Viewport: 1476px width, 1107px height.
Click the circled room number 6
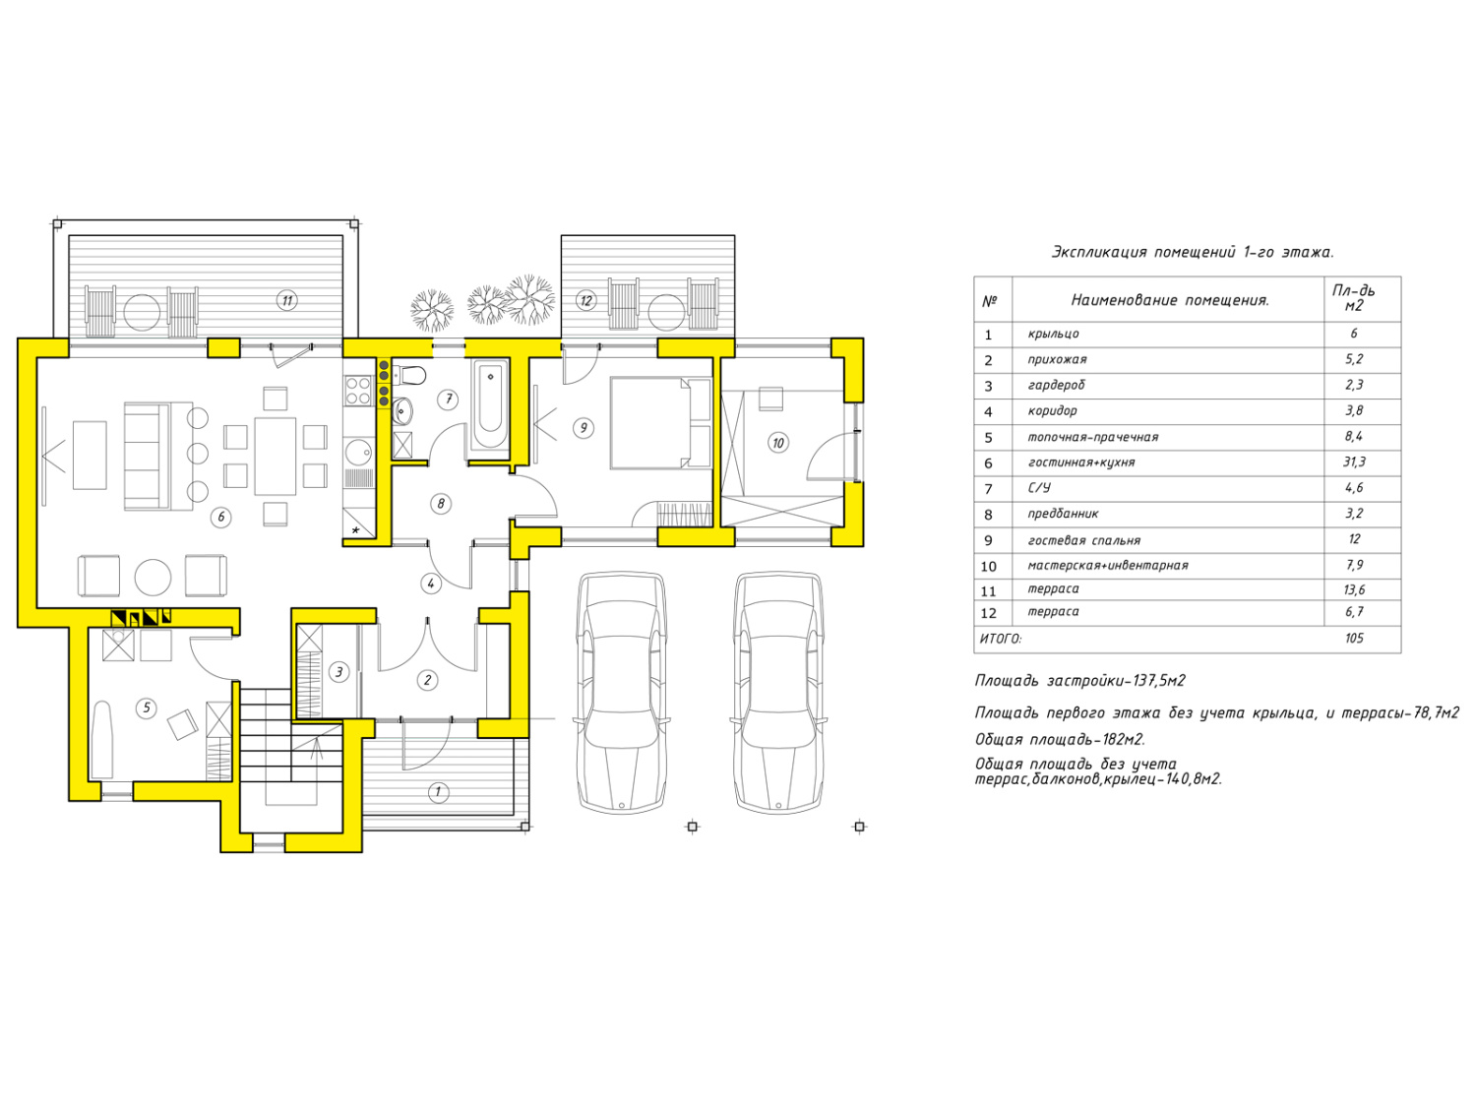coord(220,517)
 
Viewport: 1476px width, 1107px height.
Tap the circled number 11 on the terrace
coord(287,300)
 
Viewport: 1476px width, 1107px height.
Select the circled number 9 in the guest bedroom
coord(583,427)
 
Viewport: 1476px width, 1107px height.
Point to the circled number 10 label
coord(778,443)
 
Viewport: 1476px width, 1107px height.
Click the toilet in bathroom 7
coord(409,375)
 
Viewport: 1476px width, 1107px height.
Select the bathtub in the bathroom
coord(489,405)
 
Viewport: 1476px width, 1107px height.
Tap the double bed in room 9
coord(660,422)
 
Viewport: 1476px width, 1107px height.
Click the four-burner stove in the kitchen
coord(358,390)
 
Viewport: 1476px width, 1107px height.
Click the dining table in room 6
coord(275,456)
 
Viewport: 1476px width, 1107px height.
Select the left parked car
coord(621,693)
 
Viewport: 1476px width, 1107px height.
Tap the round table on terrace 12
coord(666,312)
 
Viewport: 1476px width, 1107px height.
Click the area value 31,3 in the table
coord(1354,461)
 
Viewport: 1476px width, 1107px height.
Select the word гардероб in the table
coord(1056,385)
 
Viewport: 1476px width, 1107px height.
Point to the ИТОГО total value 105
coord(1354,638)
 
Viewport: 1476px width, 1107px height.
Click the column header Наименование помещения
coord(1169,300)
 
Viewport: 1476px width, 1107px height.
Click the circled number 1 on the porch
coord(438,792)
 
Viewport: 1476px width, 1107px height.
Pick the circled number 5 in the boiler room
coord(146,707)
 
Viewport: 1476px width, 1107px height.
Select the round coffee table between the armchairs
coord(153,578)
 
